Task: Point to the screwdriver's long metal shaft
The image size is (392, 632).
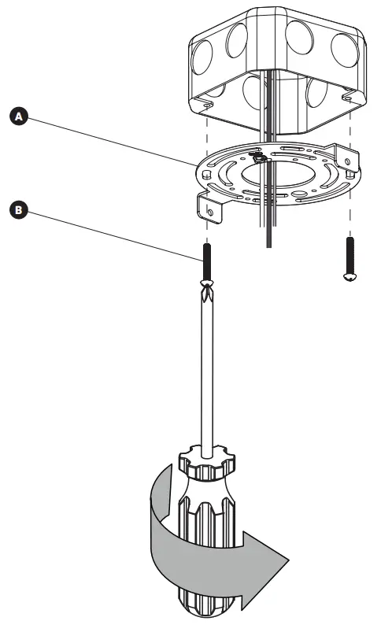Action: (207, 370)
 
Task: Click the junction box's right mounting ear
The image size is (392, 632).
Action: (348, 97)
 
